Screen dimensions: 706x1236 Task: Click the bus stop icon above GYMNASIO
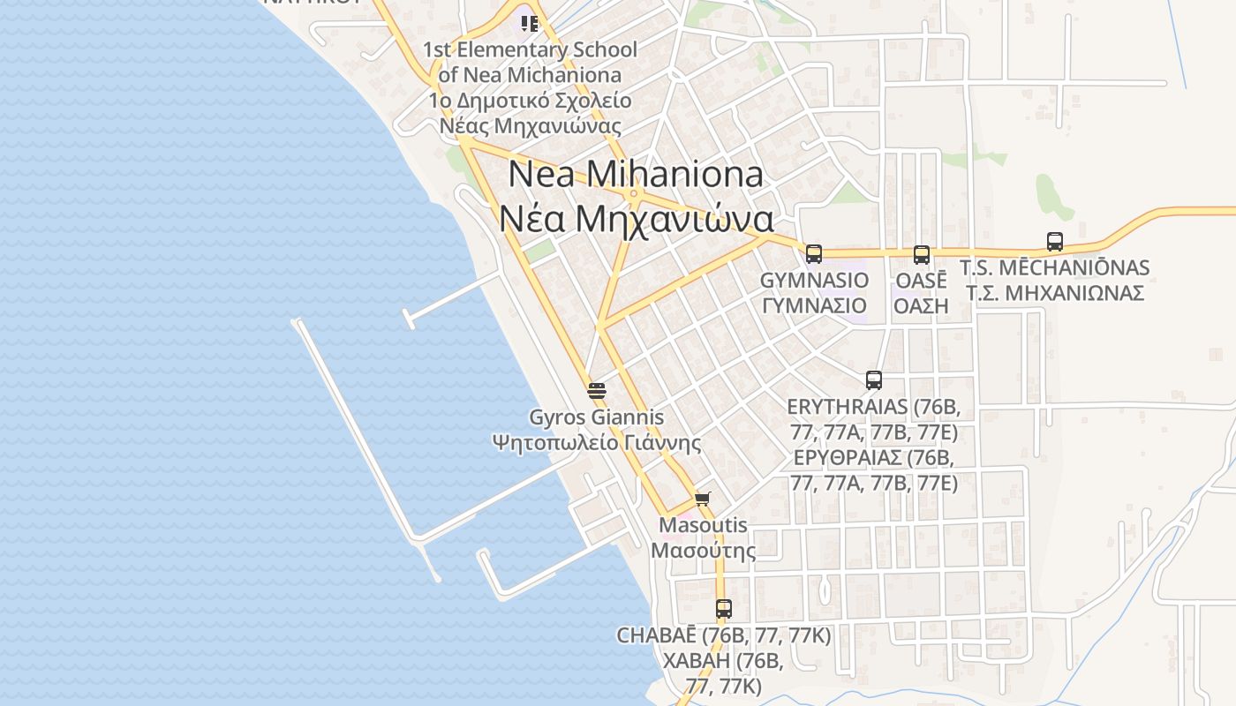(813, 254)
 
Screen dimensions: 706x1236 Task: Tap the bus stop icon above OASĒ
(921, 255)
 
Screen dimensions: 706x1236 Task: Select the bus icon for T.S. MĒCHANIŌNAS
(1054, 242)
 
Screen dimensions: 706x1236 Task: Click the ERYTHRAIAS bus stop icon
(873, 380)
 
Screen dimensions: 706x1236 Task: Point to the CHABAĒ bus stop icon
(723, 608)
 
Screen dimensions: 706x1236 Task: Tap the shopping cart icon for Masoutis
(703, 499)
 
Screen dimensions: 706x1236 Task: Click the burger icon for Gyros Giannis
(597, 390)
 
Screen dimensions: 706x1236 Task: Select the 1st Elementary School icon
(529, 23)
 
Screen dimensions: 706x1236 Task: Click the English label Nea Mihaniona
(636, 174)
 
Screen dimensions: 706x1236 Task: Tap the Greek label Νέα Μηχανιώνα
(636, 219)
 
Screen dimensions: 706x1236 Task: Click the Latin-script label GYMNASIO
(814, 280)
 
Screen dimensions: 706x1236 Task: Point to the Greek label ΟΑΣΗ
(921, 305)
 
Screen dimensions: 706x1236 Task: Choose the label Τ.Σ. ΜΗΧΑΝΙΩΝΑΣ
(1054, 292)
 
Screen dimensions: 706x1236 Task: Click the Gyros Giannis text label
(596, 417)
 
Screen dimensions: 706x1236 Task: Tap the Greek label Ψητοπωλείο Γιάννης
(596, 441)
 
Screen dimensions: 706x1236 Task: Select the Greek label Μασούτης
(703, 551)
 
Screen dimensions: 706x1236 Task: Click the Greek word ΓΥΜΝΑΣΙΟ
(814, 305)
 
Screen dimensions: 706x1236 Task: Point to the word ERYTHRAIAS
(846, 407)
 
